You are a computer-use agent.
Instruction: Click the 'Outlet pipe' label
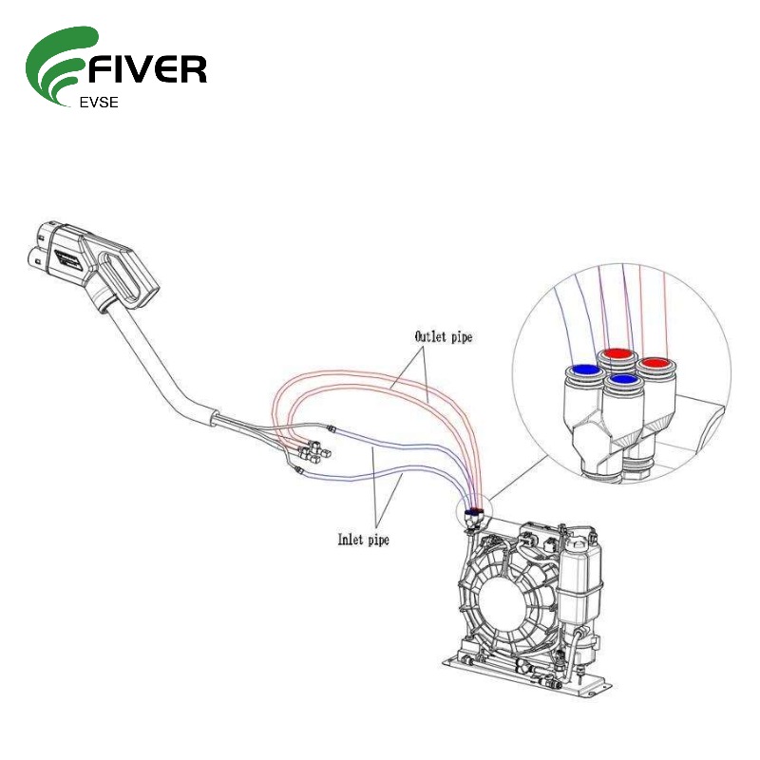tap(443, 336)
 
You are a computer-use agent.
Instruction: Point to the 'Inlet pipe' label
tap(364, 540)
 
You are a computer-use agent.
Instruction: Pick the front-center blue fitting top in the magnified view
tap(622, 379)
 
